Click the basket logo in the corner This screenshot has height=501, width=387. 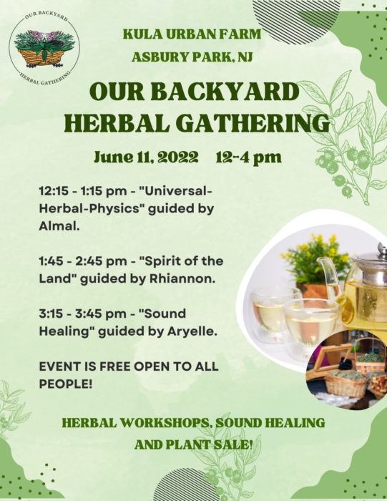coord(44,48)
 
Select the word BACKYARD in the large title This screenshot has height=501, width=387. coord(225,92)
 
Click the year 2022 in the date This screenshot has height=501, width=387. coord(177,157)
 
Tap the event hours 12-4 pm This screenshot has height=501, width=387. coord(248,157)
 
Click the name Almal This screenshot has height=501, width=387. coord(59,226)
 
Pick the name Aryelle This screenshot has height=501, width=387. coord(192,331)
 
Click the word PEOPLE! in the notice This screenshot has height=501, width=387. coord(66,384)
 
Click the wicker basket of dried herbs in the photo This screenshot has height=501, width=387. coord(346,385)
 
